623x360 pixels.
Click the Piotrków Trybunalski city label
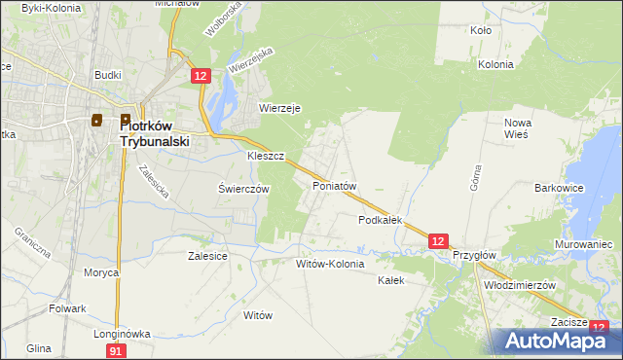coord(155,132)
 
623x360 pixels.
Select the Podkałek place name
coord(381,221)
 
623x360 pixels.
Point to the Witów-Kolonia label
coord(330,264)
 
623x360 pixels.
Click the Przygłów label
coord(475,255)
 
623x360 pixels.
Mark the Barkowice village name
coord(559,188)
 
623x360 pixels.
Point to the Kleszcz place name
coord(265,156)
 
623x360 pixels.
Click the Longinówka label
coord(122,334)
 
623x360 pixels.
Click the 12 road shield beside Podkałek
coord(438,240)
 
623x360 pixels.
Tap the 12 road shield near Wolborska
coord(201,76)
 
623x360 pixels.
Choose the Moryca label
coord(100,272)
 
